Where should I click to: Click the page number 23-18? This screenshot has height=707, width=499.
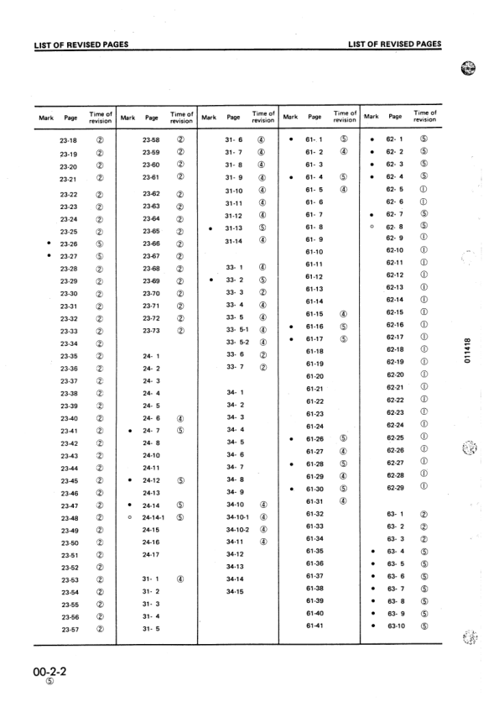click(x=68, y=141)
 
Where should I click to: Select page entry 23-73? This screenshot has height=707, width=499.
click(x=151, y=331)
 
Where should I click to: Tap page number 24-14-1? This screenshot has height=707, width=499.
click(x=151, y=518)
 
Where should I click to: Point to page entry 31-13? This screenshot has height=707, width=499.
click(x=234, y=228)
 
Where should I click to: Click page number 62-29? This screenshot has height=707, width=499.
click(x=395, y=487)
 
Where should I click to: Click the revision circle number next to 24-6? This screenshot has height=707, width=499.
click(x=181, y=418)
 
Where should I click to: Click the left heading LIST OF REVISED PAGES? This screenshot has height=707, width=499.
click(x=81, y=44)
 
